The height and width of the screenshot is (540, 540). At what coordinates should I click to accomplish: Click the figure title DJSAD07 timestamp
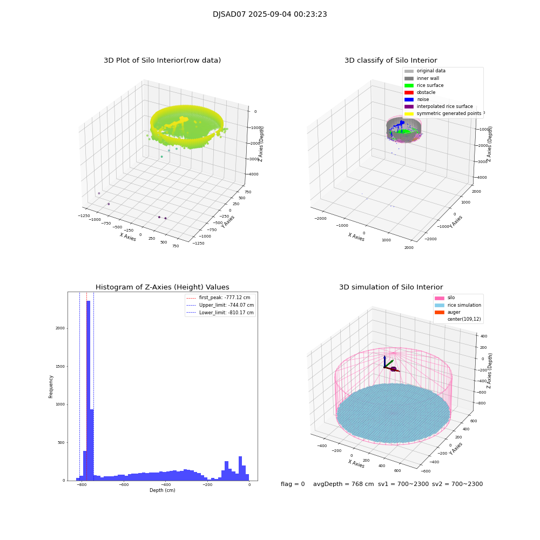[x=269, y=15]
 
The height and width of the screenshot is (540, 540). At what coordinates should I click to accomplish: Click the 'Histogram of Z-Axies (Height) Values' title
[x=162, y=287]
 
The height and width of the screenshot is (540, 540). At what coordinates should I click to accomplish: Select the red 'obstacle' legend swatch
[x=409, y=92]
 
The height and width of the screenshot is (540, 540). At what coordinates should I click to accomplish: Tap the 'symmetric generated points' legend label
[x=449, y=113]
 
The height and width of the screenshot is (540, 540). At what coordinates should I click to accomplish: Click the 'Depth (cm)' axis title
[x=162, y=490]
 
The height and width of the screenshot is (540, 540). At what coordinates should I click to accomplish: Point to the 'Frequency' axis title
[x=51, y=386]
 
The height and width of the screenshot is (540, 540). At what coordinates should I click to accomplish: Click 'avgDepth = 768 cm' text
[x=343, y=484]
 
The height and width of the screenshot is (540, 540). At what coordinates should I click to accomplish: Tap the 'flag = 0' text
[x=293, y=484]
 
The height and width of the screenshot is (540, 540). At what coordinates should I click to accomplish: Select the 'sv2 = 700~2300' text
[x=457, y=484]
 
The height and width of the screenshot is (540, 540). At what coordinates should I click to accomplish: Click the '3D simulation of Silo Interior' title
[x=391, y=287]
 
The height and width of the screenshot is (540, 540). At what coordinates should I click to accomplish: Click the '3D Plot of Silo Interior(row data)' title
[x=162, y=60]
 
